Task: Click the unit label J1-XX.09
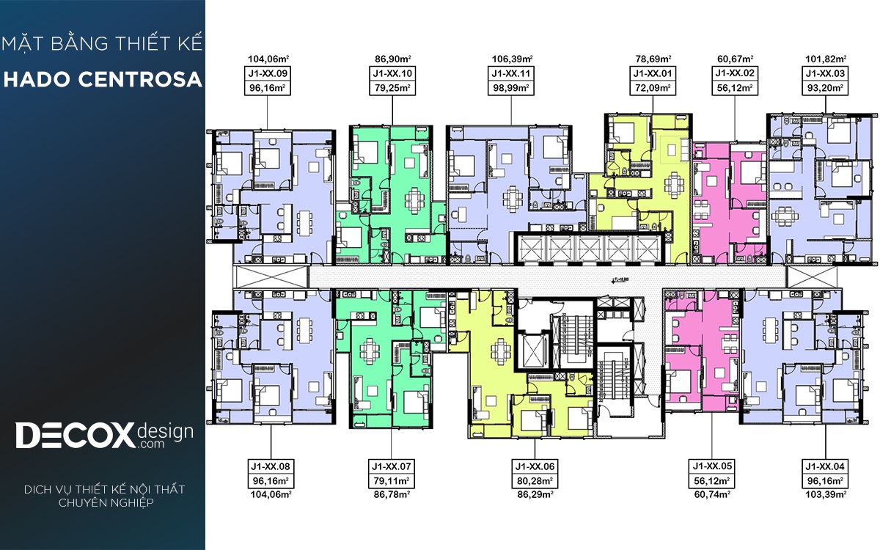click(268, 73)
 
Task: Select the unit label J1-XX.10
click(392, 73)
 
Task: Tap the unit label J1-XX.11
click(510, 73)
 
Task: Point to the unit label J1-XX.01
click(653, 73)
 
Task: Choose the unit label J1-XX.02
click(735, 73)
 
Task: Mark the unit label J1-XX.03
click(825, 73)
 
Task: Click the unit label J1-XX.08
click(271, 466)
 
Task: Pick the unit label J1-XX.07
click(392, 466)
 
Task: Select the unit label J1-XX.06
click(535, 466)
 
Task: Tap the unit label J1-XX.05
click(712, 466)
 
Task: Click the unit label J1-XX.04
click(825, 466)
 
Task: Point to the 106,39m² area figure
click(512, 59)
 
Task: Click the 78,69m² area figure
click(653, 59)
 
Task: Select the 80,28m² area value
click(535, 480)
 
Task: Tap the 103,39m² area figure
click(826, 494)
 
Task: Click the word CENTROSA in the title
click(140, 80)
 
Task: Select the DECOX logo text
click(75, 435)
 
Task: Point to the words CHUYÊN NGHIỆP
click(106, 503)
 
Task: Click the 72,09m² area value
click(653, 87)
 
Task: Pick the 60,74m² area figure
click(712, 494)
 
